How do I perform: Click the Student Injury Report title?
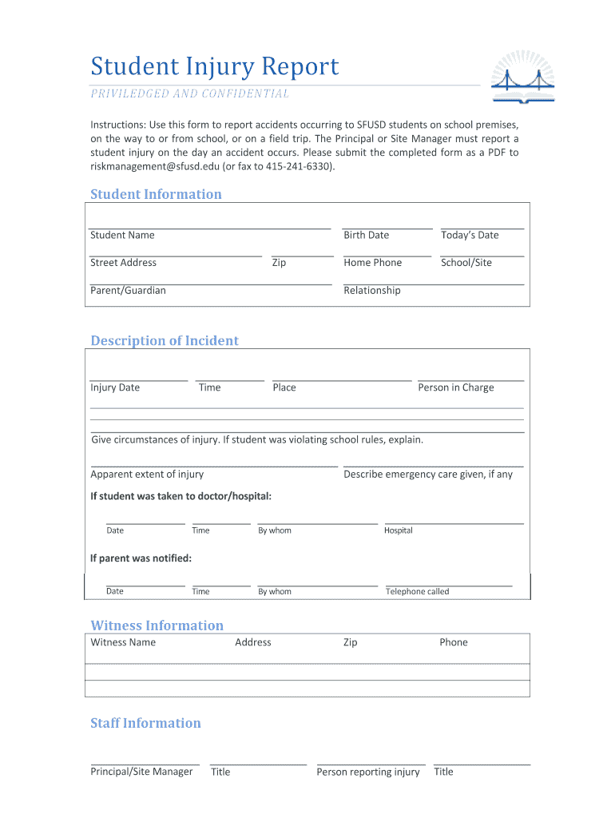[x=214, y=66]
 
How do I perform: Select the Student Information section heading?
[x=156, y=194]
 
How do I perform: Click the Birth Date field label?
[x=366, y=235]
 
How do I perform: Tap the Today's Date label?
[x=469, y=235]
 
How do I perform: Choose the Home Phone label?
[x=372, y=263]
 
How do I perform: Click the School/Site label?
[x=466, y=263]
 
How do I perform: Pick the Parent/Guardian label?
[x=128, y=291]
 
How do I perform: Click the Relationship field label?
[x=371, y=291]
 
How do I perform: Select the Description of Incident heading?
[x=165, y=340]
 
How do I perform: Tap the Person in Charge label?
[x=455, y=387]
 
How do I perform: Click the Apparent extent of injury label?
[x=147, y=475]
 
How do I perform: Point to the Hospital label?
[x=398, y=530]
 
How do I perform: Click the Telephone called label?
[x=417, y=592]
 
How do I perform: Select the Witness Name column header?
[x=123, y=642]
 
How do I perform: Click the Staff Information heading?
[x=145, y=723]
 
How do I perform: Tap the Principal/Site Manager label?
[x=141, y=772]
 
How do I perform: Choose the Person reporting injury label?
[x=367, y=772]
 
